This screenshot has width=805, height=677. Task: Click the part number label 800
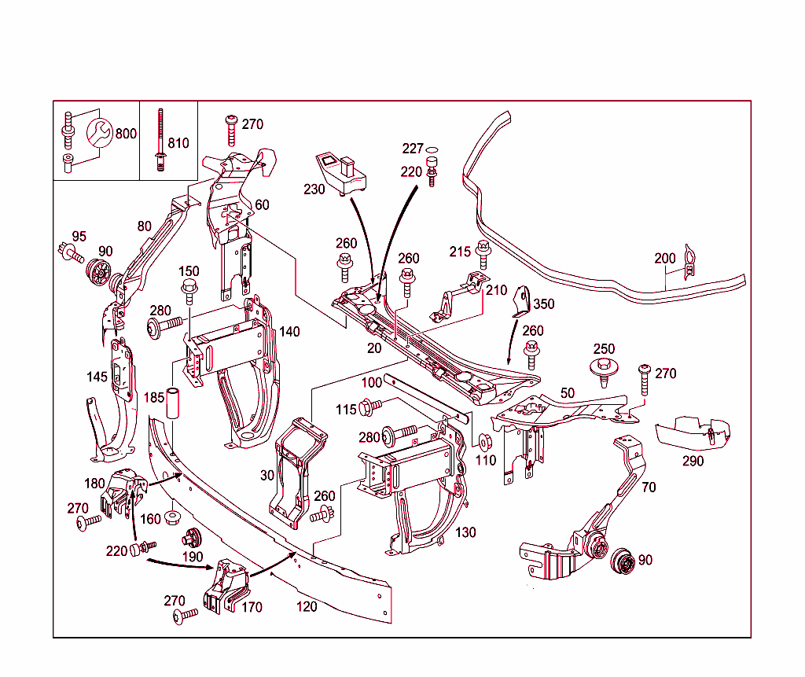point(126,134)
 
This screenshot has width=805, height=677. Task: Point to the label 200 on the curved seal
point(665,259)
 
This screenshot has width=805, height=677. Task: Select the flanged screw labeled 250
point(603,370)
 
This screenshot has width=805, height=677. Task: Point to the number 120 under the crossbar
point(307,606)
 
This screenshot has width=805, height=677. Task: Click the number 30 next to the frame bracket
point(267,476)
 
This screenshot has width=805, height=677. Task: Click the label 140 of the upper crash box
point(289,332)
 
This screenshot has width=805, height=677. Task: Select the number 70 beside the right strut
point(648,487)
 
